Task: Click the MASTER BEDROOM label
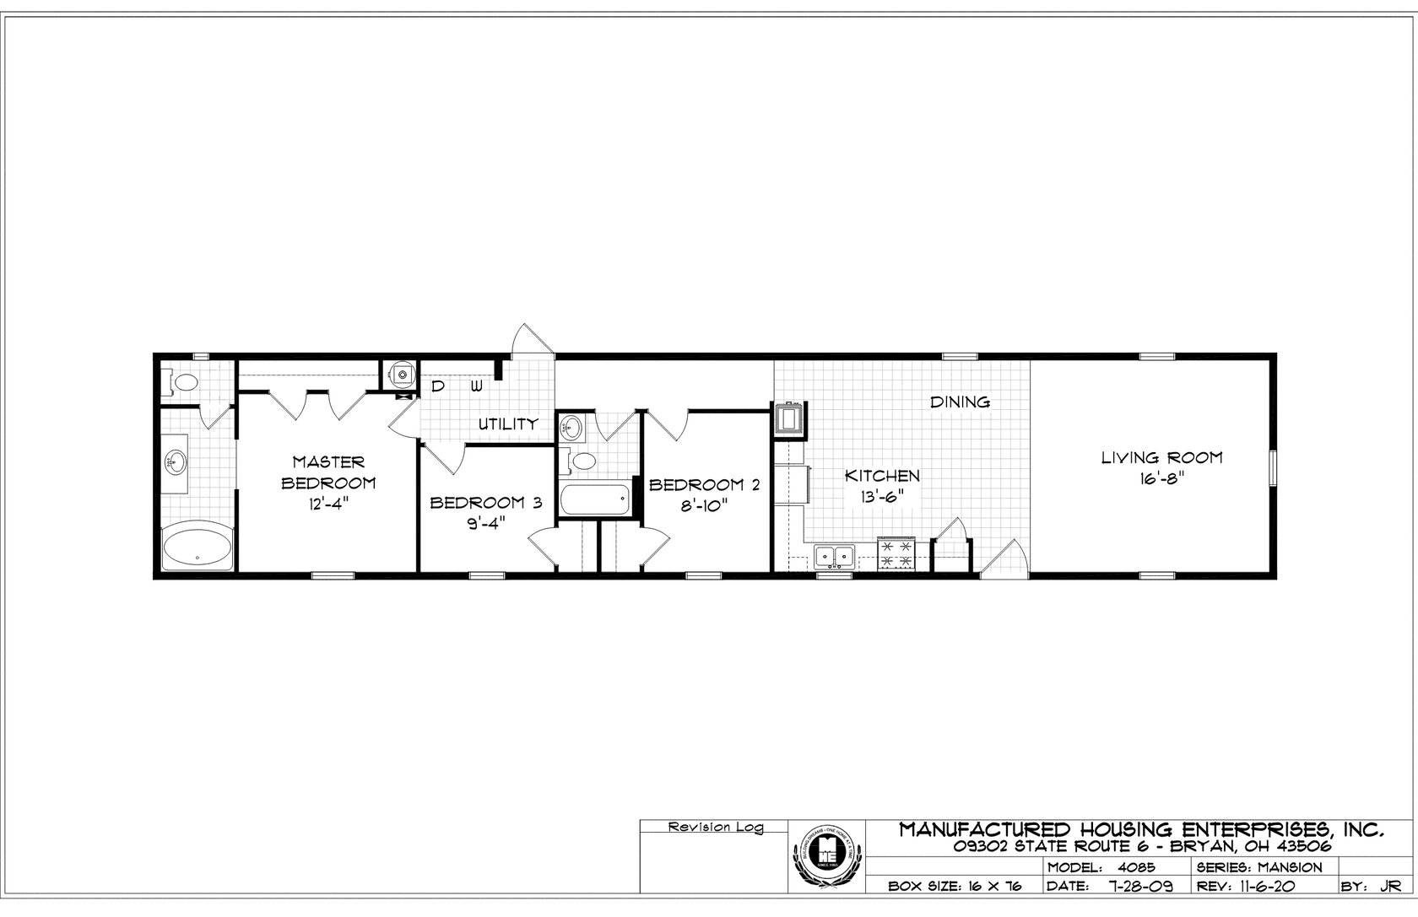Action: tap(328, 472)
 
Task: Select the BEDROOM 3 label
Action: tap(484, 504)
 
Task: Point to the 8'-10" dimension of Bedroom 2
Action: tap(703, 506)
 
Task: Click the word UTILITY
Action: tap(508, 423)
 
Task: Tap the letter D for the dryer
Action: tap(438, 386)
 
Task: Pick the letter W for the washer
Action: tap(477, 386)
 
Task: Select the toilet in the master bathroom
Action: tap(183, 382)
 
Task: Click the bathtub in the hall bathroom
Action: tap(596, 500)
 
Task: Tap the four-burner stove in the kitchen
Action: tap(896, 554)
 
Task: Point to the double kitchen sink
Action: tap(835, 556)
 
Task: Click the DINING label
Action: tap(960, 402)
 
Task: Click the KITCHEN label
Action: tap(882, 476)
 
